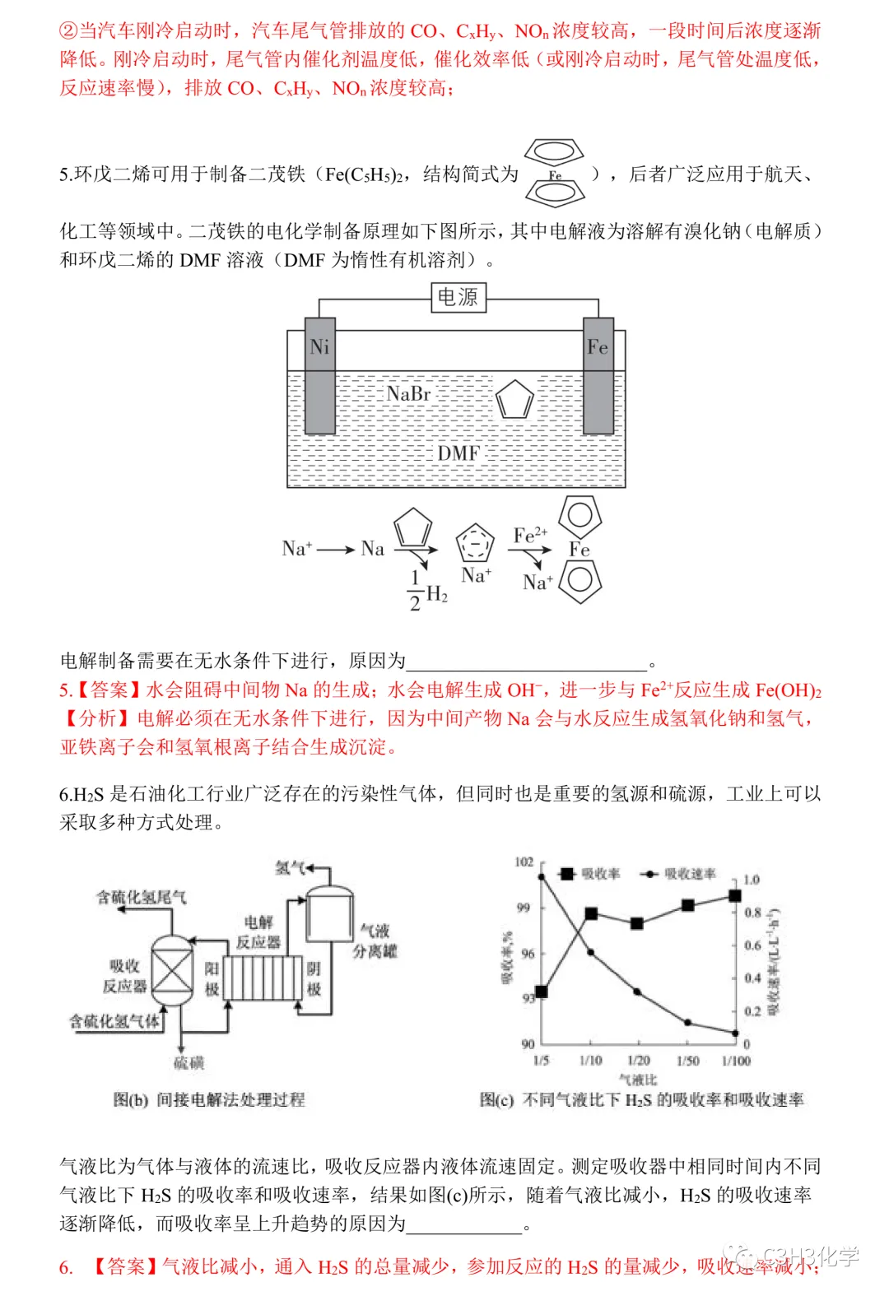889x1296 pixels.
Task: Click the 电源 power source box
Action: tap(458, 297)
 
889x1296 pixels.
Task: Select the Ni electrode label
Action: tap(319, 347)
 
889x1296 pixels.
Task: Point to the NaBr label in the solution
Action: tap(408, 393)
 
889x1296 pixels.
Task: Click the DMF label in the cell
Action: tap(458, 453)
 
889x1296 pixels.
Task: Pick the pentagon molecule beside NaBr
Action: tap(514, 399)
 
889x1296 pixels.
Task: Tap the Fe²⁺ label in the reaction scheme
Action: tap(530, 535)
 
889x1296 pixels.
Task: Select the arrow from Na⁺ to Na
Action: tap(335, 550)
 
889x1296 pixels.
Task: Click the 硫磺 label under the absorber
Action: tap(189, 1063)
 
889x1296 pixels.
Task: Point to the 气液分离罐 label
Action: tap(375, 941)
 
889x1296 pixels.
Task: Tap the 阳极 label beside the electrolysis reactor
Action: tap(212, 978)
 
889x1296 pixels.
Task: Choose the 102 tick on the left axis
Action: tap(524, 862)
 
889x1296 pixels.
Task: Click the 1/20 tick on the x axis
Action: tap(639, 1061)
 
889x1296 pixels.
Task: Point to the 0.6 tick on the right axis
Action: tap(752, 945)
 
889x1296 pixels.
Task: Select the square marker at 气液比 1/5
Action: tap(541, 992)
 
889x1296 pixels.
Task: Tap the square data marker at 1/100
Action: tap(735, 896)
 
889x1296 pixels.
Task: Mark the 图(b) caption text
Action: tap(209, 1099)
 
